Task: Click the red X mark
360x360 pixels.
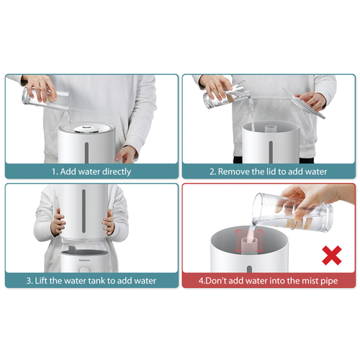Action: point(332,255)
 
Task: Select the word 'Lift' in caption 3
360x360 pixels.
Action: point(41,281)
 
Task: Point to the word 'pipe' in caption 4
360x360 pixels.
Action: point(329,281)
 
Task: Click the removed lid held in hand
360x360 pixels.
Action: point(304,103)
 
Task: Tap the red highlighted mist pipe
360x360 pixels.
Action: point(249,241)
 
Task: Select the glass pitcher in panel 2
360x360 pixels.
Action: point(225,95)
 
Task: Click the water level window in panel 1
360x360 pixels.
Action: point(86,153)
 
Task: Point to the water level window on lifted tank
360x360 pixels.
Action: point(84,211)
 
